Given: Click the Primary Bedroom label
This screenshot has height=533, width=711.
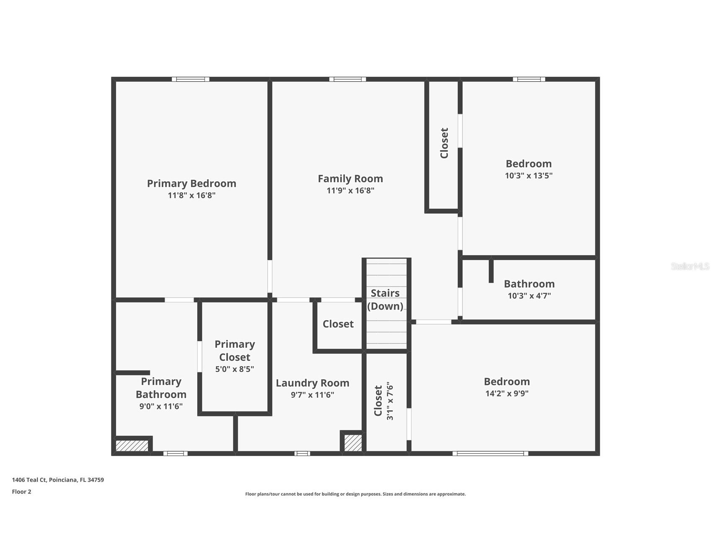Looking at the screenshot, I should pos(191,184).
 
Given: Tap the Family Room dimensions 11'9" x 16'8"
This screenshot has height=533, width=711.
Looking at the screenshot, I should pos(350,191).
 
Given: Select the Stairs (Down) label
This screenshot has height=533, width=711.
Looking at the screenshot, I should pos(385,299).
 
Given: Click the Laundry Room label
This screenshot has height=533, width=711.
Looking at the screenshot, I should pos(313,383).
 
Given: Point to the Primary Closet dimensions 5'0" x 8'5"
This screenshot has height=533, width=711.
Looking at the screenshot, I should pos(235,369).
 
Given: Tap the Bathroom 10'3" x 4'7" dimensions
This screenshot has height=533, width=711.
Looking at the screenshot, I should pos(529,296).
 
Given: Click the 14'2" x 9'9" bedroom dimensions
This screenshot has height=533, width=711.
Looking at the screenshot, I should pos(507,393).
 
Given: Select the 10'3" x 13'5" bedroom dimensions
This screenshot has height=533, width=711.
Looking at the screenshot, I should pos(529,176).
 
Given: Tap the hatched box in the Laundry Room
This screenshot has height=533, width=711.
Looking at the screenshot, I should pos(353,443).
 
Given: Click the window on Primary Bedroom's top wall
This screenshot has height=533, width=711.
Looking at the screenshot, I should pos(191,79).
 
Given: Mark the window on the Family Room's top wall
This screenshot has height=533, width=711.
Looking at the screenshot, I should pos(347,79).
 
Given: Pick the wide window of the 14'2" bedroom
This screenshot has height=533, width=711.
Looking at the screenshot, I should pos(490,453).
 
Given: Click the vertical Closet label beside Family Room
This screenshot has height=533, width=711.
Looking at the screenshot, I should pos(444,143).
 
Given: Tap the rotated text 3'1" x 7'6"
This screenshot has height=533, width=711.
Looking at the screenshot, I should pos(390,401).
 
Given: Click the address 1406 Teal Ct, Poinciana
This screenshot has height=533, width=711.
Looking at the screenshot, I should pos(58,480).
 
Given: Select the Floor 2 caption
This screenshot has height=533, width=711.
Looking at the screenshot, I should pos(21,492).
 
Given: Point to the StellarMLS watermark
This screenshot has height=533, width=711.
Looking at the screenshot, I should pos(690,266).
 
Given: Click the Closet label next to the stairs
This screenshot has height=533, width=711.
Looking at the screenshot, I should pos(338,324).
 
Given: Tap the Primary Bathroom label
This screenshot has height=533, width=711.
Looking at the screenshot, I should pos(161,388).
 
